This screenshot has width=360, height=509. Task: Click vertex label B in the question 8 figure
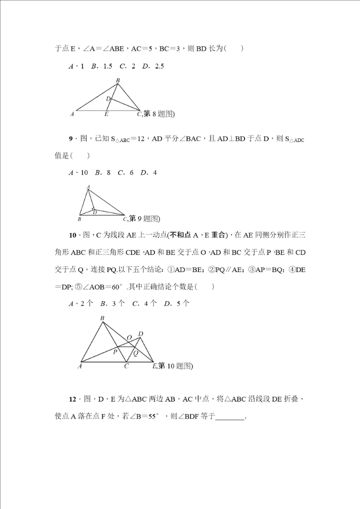pyautogui.click(x=118, y=80)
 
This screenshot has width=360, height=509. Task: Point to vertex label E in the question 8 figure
pyautogui.click(x=106, y=114)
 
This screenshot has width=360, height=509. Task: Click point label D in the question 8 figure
pyautogui.click(x=107, y=99)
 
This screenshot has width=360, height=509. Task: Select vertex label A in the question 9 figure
pyautogui.click(x=88, y=187)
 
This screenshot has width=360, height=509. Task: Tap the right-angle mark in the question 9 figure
pyautogui.click(x=93, y=209)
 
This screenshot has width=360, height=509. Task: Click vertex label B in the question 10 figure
pyautogui.click(x=102, y=318)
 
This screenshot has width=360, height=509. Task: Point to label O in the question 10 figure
pyautogui.click(x=129, y=338)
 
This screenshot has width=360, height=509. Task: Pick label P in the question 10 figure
pyautogui.click(x=115, y=352)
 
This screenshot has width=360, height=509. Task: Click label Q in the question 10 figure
pyautogui.click(x=135, y=352)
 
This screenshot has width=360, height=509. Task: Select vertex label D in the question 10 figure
pyautogui.click(x=141, y=334)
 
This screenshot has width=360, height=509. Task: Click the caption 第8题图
pyautogui.click(x=158, y=114)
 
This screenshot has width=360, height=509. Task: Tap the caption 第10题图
pyautogui.click(x=175, y=366)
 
